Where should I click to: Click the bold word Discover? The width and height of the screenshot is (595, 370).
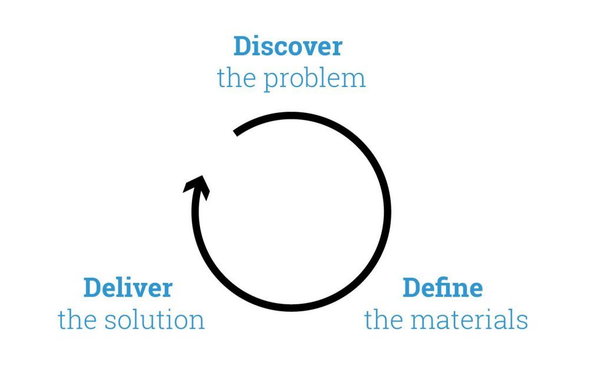288,46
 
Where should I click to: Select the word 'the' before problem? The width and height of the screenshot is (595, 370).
236,77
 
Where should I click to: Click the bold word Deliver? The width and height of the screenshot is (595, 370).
128,288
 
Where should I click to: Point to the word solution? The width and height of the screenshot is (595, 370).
154,319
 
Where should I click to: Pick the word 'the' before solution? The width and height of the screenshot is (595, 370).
77,319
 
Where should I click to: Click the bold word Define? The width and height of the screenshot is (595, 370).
443,288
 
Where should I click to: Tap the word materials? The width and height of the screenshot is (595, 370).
469,319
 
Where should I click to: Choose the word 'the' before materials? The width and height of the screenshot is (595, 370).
383,319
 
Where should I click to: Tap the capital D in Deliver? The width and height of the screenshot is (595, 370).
93,288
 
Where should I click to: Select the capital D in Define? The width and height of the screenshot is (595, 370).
412,288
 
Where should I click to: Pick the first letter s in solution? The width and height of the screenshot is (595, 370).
110,322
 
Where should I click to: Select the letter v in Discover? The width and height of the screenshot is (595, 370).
306,49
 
